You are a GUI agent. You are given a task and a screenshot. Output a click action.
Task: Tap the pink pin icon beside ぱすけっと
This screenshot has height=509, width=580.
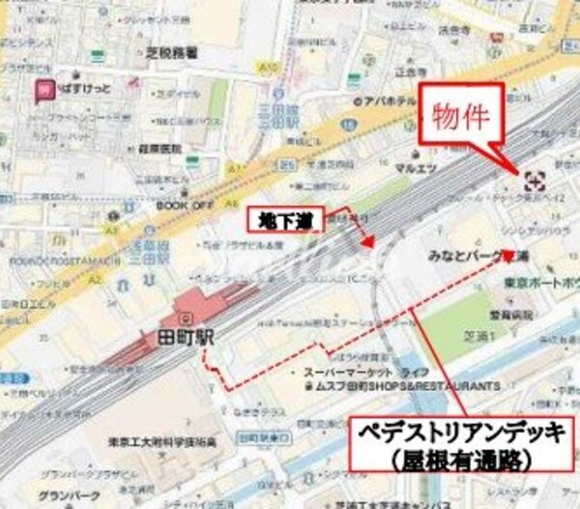click(43, 91)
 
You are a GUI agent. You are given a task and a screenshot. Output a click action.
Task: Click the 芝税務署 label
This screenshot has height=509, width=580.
click(172, 52)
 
